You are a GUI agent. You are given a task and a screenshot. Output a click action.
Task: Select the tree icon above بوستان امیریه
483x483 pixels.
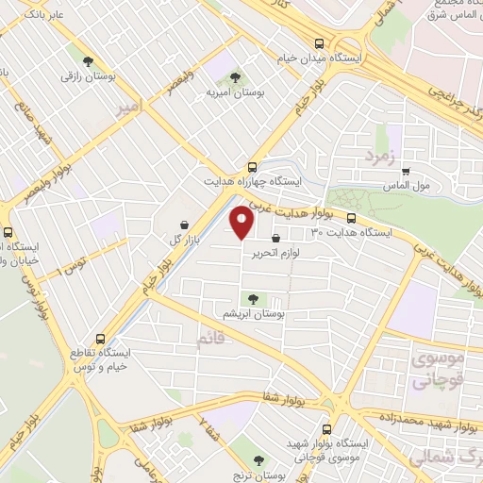pos(234,78)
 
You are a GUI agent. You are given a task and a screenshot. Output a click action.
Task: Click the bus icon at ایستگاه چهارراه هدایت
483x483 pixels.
pos(251,165)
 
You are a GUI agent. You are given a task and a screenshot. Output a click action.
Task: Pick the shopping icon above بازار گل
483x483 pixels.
pos(184,225)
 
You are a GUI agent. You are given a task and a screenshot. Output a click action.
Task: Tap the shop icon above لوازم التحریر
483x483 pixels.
pos(275,240)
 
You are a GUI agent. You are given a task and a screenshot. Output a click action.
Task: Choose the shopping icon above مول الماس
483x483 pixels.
pos(406,172)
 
